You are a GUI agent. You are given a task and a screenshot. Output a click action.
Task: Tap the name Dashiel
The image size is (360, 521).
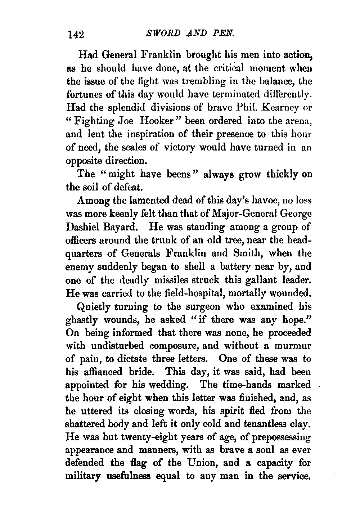click(x=81, y=228)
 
